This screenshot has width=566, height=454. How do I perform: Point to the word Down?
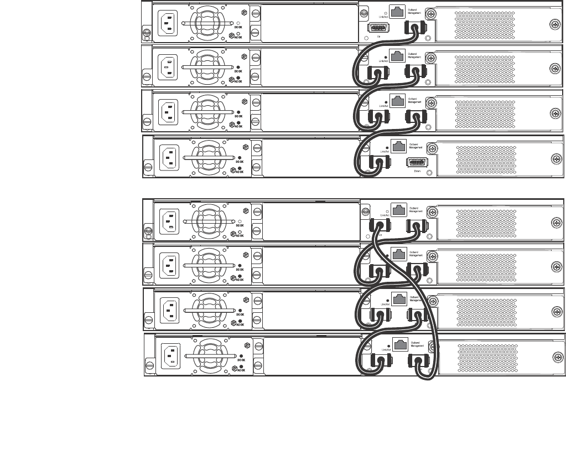click(x=417, y=172)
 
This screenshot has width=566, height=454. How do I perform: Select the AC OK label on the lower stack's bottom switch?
click(x=241, y=370)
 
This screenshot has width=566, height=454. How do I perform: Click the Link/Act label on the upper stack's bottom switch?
click(x=384, y=151)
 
